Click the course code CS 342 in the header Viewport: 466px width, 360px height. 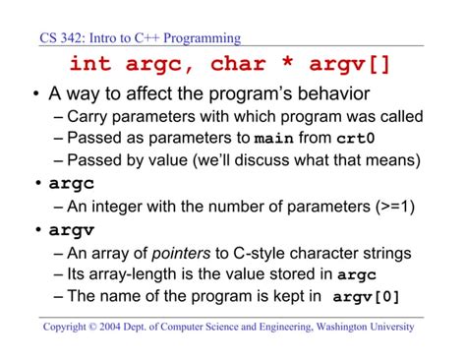click(x=62, y=39)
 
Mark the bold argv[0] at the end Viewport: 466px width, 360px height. click(x=367, y=297)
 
